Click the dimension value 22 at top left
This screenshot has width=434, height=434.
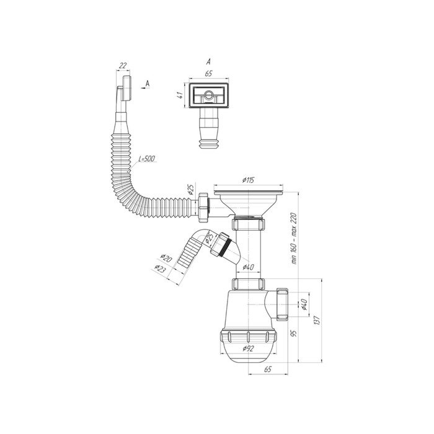123,66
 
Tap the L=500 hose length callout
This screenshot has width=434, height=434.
147,159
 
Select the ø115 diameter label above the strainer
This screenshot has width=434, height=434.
249,180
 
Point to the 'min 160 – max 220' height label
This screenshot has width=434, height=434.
294,238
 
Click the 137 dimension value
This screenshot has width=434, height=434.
317,321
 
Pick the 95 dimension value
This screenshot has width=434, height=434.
294,333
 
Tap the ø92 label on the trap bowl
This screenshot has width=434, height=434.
248,348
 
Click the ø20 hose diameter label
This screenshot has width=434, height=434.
166,258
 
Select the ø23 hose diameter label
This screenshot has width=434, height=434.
160,268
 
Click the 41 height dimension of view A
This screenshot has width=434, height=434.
180,95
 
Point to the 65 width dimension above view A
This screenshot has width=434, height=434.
208,74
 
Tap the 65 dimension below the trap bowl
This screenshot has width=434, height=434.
268,369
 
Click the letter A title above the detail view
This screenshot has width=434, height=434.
208,61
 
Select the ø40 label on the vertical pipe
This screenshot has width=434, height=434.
248,267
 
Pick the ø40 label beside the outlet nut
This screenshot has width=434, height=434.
304,304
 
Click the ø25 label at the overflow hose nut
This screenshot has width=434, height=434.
190,190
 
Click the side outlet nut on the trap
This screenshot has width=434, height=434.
282,304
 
